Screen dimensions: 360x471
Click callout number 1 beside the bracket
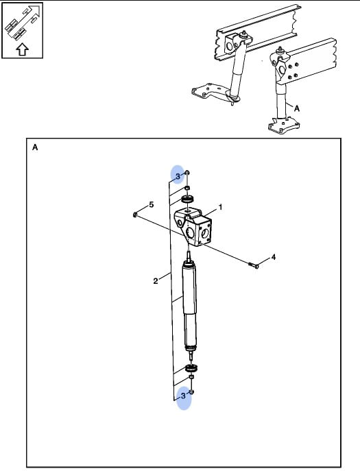pyautogui.click(x=220, y=207)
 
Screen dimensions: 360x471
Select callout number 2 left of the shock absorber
pyautogui.click(x=156, y=281)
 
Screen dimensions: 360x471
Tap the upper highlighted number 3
pyautogui.click(x=178, y=176)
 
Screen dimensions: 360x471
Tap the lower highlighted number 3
pyautogui.click(x=183, y=396)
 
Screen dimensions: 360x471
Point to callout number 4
pyautogui.click(x=273, y=257)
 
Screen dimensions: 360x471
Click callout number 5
pyautogui.click(x=151, y=204)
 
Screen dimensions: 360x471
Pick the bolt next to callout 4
pyautogui.click(x=254, y=265)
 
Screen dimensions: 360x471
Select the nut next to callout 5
pyautogui.click(x=135, y=215)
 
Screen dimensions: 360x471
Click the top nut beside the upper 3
pyautogui.click(x=187, y=173)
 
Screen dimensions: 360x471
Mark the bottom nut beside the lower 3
pyautogui.click(x=192, y=391)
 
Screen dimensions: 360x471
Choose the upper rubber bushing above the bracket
pyautogui.click(x=187, y=199)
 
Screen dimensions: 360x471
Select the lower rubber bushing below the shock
pyautogui.click(x=192, y=367)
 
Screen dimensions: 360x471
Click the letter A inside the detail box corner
pyautogui.click(x=35, y=147)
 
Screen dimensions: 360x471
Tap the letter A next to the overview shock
pyautogui.click(x=297, y=108)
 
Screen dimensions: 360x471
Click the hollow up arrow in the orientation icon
pyautogui.click(x=22, y=49)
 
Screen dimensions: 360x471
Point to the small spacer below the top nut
pyautogui.click(x=187, y=188)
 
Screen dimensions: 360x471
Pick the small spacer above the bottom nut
pyautogui.click(x=191, y=376)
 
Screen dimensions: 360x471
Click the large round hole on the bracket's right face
pyautogui.click(x=205, y=232)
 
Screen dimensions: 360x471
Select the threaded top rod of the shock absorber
pyautogui.click(x=189, y=256)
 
